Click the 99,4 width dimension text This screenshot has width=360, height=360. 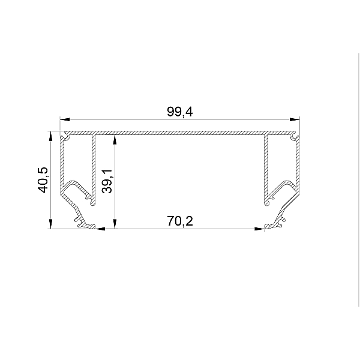point(180,112)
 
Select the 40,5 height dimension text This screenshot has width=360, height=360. point(43,180)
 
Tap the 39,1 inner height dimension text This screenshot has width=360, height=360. point(107,181)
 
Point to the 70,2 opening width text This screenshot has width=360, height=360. point(180,221)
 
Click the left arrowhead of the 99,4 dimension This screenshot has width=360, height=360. point(65,119)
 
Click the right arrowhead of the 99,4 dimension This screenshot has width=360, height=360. point(295,119)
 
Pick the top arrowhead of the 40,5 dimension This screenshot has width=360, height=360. point(51,136)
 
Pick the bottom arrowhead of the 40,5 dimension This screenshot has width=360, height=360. point(51,224)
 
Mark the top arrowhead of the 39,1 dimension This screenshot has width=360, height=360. point(115,140)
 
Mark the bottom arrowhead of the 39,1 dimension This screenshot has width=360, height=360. point(115,224)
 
